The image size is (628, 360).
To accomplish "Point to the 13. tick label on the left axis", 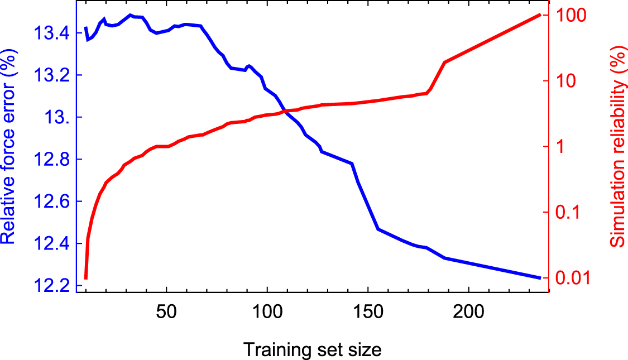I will pyautogui.click(x=56, y=118).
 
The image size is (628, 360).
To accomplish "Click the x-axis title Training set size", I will pyautogui.click(x=312, y=350).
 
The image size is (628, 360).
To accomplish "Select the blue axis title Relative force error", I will pyautogui.click(x=9, y=146).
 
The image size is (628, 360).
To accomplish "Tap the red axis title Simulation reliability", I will pyautogui.click(x=616, y=146).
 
